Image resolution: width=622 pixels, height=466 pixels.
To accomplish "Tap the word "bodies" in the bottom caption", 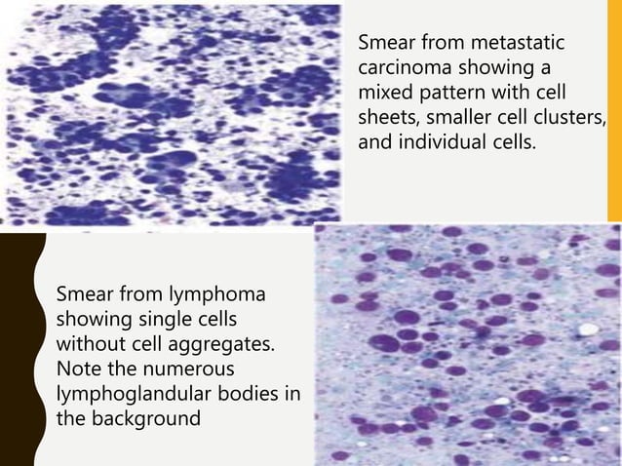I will click(x=253, y=394).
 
